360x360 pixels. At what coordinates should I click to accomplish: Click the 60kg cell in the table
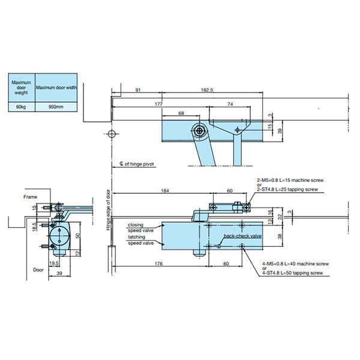20,106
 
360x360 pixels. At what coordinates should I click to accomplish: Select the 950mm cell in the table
55,106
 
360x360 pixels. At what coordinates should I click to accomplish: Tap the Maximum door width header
55,88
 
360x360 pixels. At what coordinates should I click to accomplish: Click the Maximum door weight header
20,88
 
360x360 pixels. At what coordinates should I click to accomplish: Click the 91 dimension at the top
138,89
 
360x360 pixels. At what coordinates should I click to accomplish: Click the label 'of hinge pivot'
139,163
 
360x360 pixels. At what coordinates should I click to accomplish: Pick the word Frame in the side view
30,197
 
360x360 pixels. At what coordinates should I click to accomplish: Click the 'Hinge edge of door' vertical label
109,210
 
